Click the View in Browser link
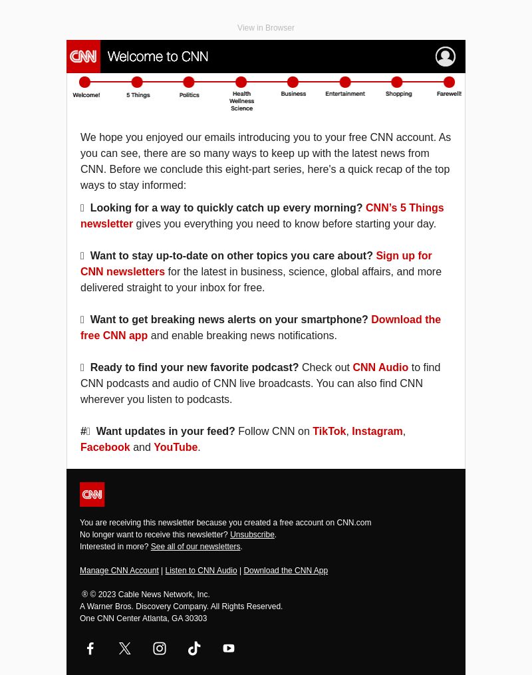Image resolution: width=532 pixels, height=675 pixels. point(265,28)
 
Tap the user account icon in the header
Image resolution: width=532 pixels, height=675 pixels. point(445,57)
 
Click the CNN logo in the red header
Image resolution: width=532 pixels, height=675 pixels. point(84,57)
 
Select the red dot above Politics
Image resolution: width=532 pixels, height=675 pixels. point(189,82)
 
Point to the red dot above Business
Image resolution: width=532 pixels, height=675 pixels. point(293,82)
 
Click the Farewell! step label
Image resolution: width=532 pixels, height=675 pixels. point(449,94)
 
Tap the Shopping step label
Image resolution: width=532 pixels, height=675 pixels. point(398,94)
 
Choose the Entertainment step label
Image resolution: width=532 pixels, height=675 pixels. point(344,94)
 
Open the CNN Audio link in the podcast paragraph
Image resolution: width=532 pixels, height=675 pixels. point(380,367)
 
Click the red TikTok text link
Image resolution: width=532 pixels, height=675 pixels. point(329,431)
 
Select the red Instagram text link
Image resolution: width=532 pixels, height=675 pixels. point(377,431)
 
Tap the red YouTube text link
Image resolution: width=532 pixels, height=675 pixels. point(176,447)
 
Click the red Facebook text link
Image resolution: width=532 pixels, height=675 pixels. point(105,447)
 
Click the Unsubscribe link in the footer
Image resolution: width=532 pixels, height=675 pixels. point(252,535)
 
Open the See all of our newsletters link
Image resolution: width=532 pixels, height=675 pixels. point(195,547)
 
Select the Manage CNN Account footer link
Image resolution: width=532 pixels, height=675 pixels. point(119,571)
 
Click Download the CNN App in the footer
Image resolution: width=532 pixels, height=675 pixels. point(285,571)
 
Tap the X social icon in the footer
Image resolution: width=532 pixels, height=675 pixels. point(125,648)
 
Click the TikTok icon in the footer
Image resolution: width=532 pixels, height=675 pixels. point(194,648)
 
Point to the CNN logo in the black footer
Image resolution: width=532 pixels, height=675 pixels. point(92,494)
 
